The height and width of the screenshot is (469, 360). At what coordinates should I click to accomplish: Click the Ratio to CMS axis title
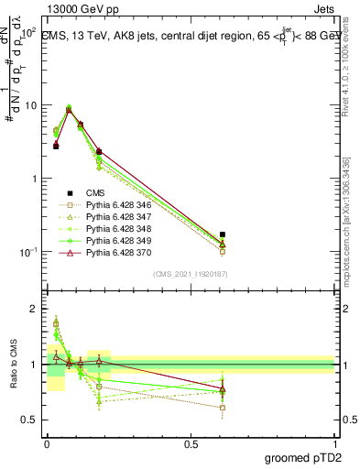(x=13, y=364)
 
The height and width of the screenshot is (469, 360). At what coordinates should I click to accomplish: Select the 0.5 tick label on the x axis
(x=191, y=442)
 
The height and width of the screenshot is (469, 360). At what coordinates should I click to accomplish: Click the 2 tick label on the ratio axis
(x=33, y=309)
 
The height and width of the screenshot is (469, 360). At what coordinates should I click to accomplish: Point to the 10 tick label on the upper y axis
(x=28, y=105)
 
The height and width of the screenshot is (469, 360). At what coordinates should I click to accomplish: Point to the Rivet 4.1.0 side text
(x=352, y=71)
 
